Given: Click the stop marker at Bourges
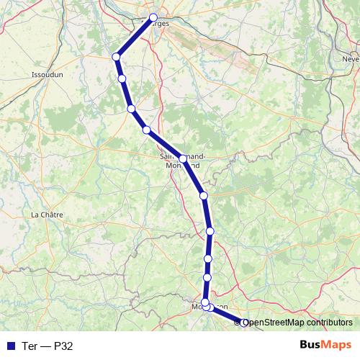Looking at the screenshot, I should (153, 18).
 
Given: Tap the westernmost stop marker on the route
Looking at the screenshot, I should (115, 57).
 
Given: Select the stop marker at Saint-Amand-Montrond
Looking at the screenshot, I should (183, 158).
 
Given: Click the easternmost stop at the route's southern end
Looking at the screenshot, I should (243, 323).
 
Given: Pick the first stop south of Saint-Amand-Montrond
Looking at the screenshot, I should (204, 195).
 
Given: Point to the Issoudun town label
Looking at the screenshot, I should (48, 74).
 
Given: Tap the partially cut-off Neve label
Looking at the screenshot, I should (351, 58).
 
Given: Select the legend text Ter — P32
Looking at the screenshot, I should (47, 346).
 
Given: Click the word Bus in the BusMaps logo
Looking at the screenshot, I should (311, 345).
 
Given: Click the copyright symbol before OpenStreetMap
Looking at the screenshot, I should (238, 323).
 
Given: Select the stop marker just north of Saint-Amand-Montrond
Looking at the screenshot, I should (146, 130).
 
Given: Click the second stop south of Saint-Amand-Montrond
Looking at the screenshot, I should (210, 230).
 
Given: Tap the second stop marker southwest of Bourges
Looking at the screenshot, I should (122, 78).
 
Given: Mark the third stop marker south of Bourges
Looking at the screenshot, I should (131, 109).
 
